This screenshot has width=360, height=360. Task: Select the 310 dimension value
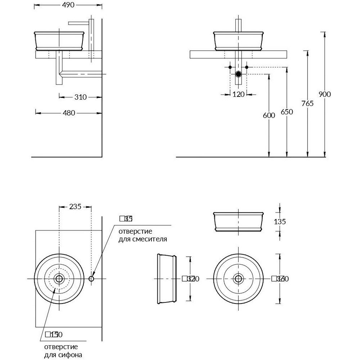coord(81,97)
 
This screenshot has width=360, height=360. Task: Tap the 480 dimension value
coord(69,113)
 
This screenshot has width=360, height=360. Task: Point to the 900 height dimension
coord(325,94)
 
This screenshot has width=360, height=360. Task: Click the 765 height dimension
coord(307,104)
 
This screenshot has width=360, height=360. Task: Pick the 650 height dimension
coord(287,112)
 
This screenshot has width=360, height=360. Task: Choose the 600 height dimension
coord(269,116)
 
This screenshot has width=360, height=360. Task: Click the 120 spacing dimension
coord(238,94)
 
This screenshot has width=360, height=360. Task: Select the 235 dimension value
coord(75,207)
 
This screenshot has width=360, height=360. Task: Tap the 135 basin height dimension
coord(280,222)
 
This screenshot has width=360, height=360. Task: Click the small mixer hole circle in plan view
coord(91,278)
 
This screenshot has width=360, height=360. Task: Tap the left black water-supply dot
coord(230,67)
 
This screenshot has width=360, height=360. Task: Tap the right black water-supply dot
coord(247,67)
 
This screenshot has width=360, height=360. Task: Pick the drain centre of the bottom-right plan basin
coord(238,278)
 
